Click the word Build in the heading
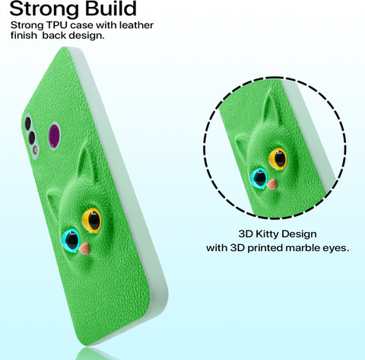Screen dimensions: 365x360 pos(111,8)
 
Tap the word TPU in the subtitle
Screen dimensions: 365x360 pos(57,25)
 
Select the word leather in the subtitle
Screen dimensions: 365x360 pos(136,25)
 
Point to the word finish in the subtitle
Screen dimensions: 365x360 pos(24,35)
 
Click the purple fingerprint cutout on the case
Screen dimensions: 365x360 pos(54,135)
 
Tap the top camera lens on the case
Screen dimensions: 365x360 pos(27,123)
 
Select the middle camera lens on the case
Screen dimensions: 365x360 pos(32,138)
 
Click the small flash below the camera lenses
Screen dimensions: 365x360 pos(36,150)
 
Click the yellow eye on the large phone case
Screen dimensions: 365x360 pos(91,220)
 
